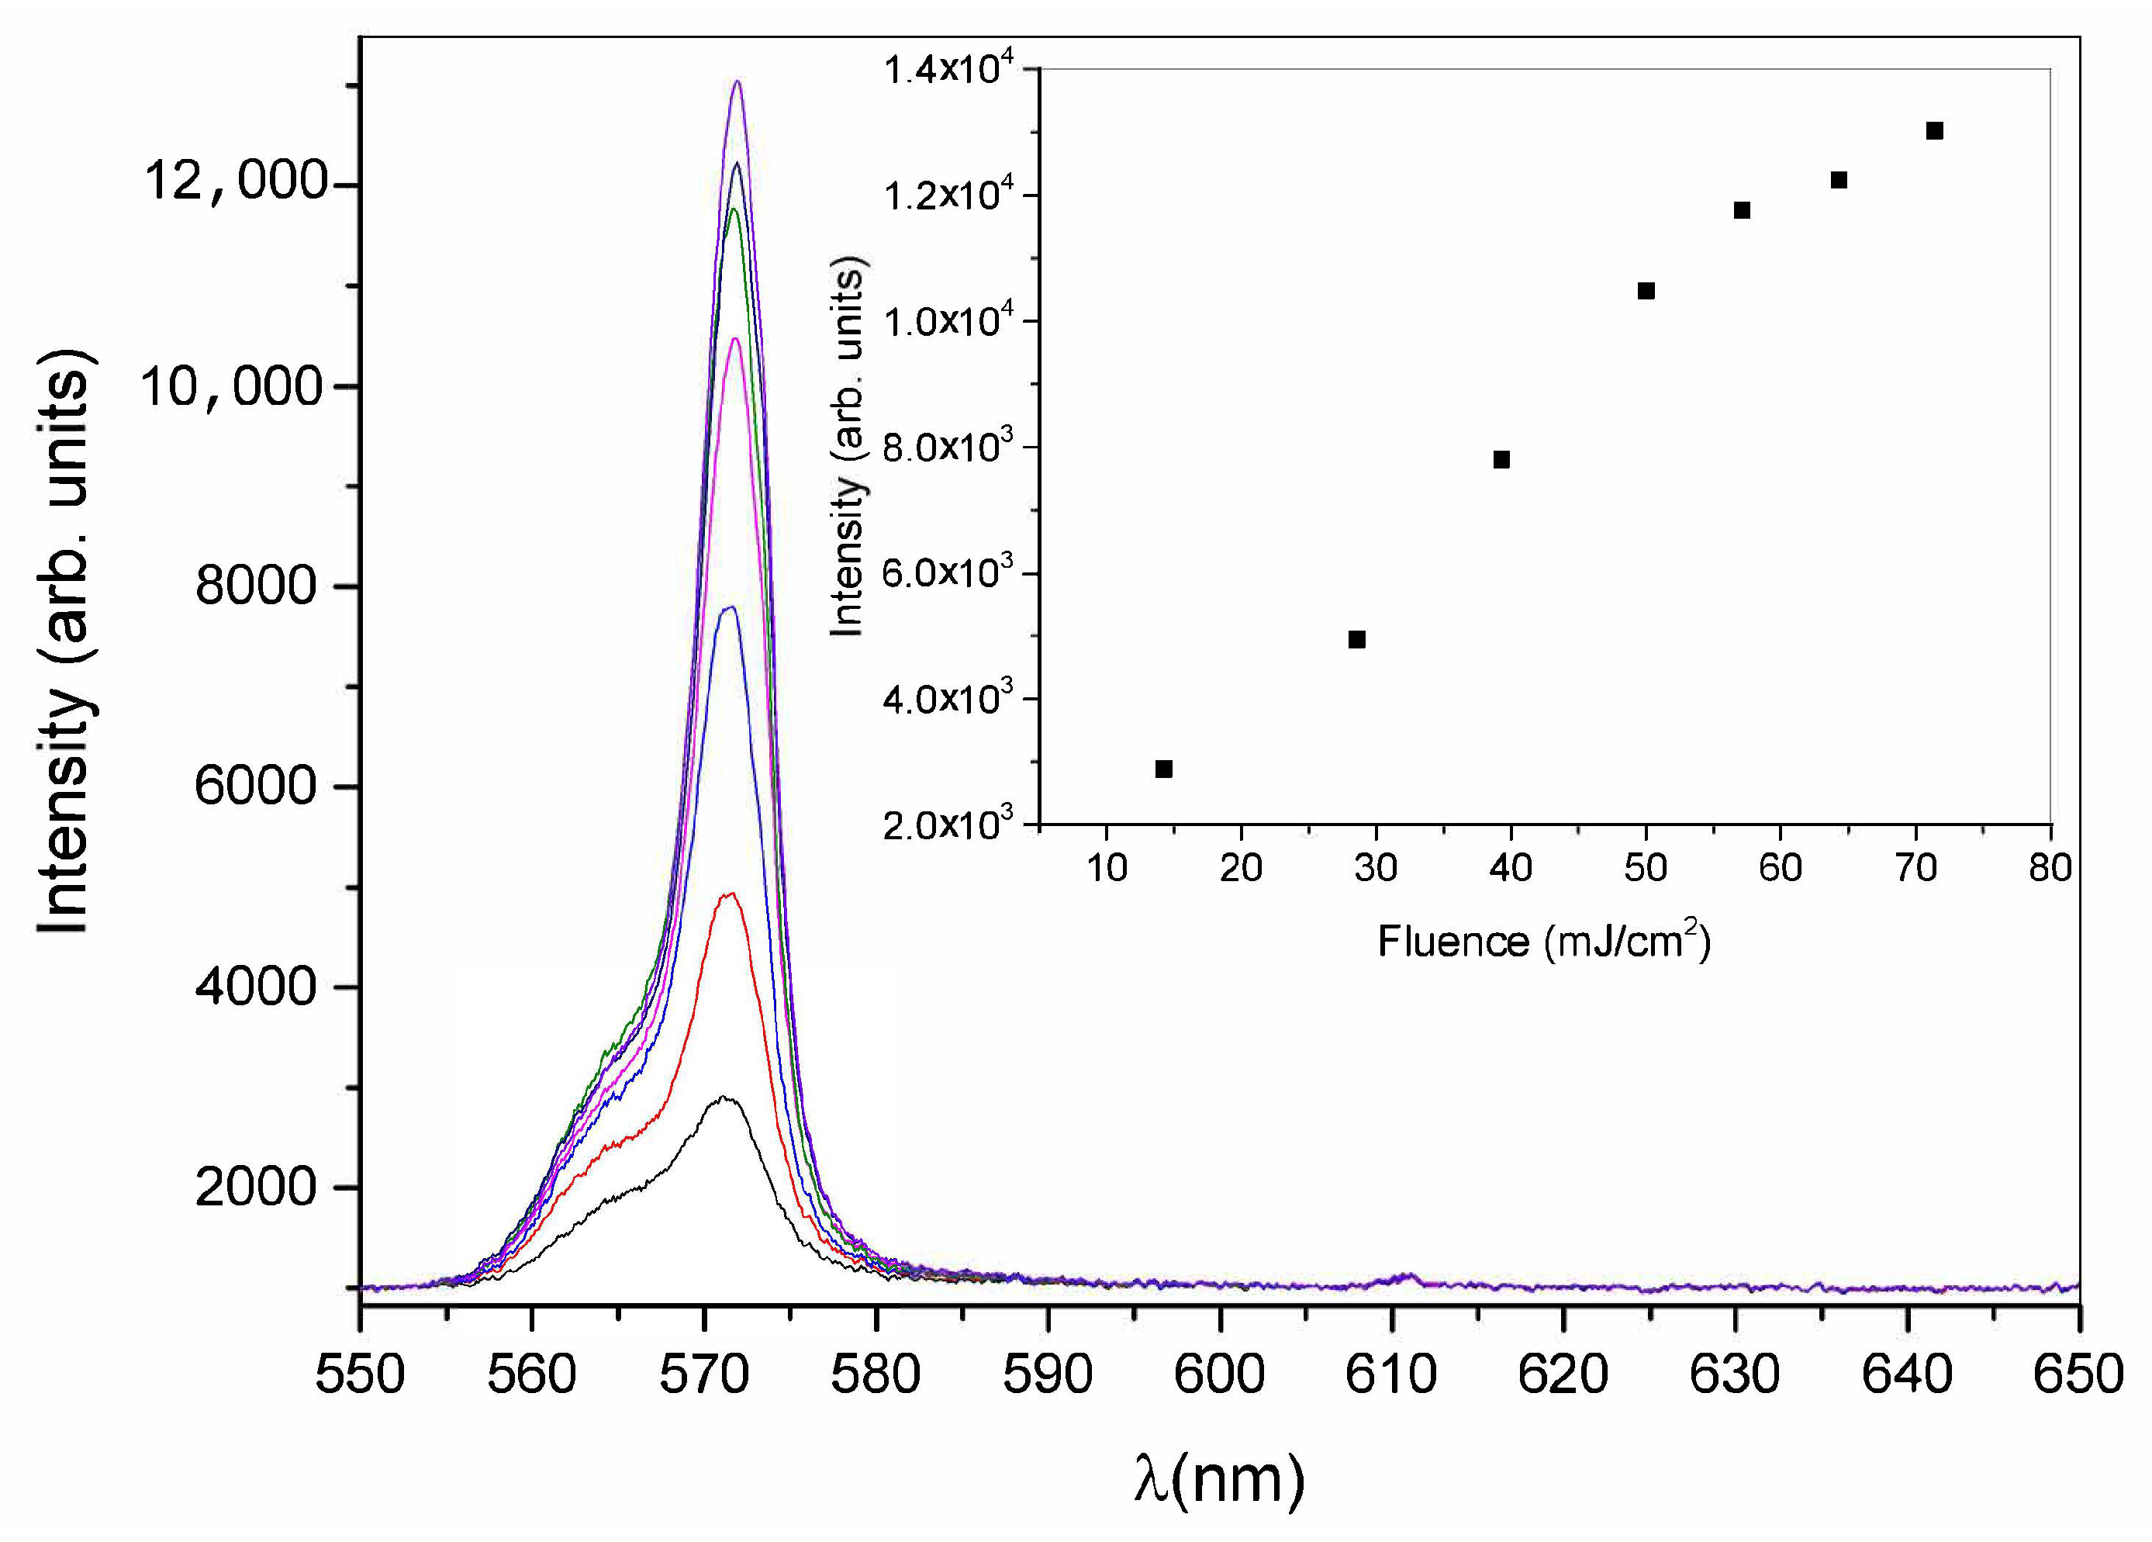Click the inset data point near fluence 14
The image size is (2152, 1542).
[x=1164, y=769]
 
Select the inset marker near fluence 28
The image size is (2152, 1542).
[x=1357, y=640]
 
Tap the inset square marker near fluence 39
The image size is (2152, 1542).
[x=1501, y=460]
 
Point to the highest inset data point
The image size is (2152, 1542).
[x=1935, y=131]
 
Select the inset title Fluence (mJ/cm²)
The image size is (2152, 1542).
[x=1544, y=942]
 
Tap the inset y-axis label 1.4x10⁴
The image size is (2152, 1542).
[x=949, y=71]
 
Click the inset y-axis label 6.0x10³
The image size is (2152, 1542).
[x=949, y=574]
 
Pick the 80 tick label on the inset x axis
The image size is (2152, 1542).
[x=2050, y=868]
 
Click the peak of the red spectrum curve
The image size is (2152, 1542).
[x=729, y=894]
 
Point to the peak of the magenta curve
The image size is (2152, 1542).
[x=734, y=339]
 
